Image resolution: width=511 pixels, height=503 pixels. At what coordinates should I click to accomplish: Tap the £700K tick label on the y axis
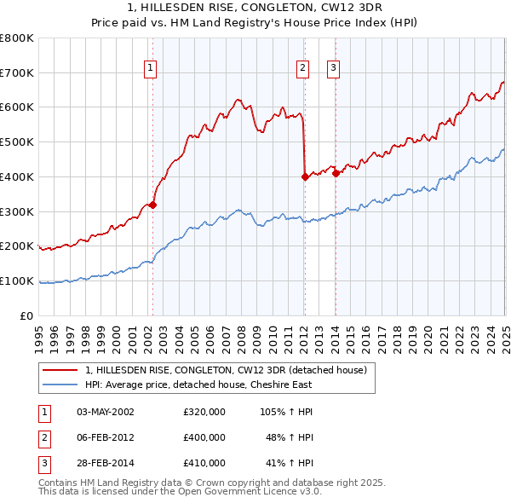coord(17,72)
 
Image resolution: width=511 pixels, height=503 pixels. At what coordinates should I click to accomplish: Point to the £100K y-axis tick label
coord(17,280)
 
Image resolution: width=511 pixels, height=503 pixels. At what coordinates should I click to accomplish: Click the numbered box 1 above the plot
coord(150,69)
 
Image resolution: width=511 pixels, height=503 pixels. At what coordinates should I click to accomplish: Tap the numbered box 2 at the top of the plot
coord(302,69)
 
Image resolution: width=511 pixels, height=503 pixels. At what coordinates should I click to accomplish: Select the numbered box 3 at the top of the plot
coord(333,69)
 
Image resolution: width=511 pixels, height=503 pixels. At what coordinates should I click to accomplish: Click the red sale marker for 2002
coord(152,205)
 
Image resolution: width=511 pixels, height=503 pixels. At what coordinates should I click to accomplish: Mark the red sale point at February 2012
coord(305,176)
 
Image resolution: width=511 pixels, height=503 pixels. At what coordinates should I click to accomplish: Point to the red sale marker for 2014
coord(336,173)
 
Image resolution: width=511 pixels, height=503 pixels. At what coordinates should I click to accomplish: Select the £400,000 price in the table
coord(204,437)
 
